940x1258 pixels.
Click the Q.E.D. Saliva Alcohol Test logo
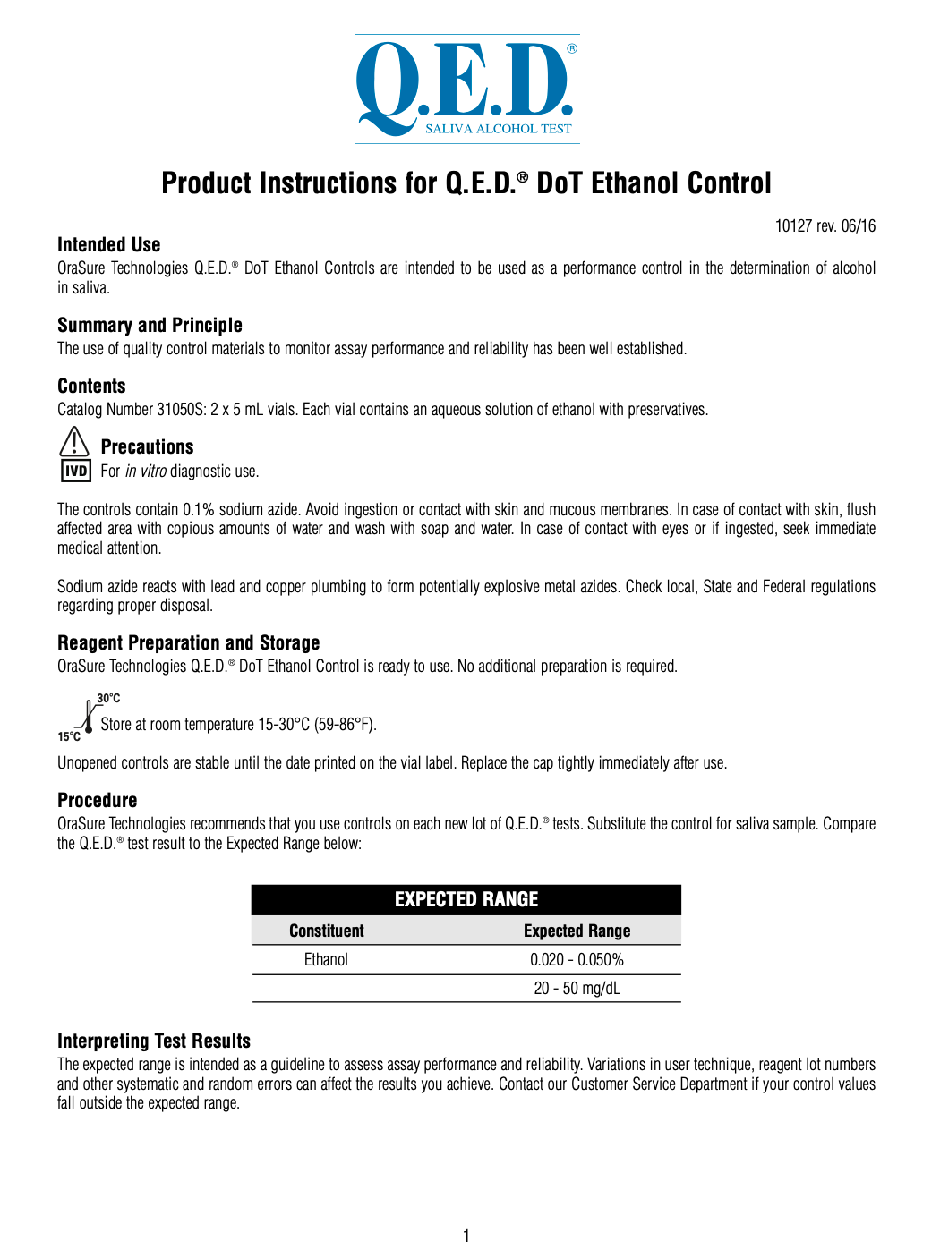467,89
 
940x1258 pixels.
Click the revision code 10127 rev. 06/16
825,226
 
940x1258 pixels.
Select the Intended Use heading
109,245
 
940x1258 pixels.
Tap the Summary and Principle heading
150,326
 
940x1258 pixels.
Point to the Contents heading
91,387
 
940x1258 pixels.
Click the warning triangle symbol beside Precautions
74,442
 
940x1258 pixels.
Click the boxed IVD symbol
76,471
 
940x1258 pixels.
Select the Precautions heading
147,447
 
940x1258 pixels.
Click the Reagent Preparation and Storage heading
188,643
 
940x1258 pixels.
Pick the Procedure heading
98,801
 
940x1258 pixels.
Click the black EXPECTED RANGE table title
466,899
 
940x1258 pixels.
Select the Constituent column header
327,931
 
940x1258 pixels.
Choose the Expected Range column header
577,931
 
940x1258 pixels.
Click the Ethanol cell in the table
326,960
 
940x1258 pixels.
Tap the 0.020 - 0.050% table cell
577,960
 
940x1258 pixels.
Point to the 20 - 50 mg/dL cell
577,989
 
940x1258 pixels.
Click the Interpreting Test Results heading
154,1041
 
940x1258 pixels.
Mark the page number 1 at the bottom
466,1237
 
